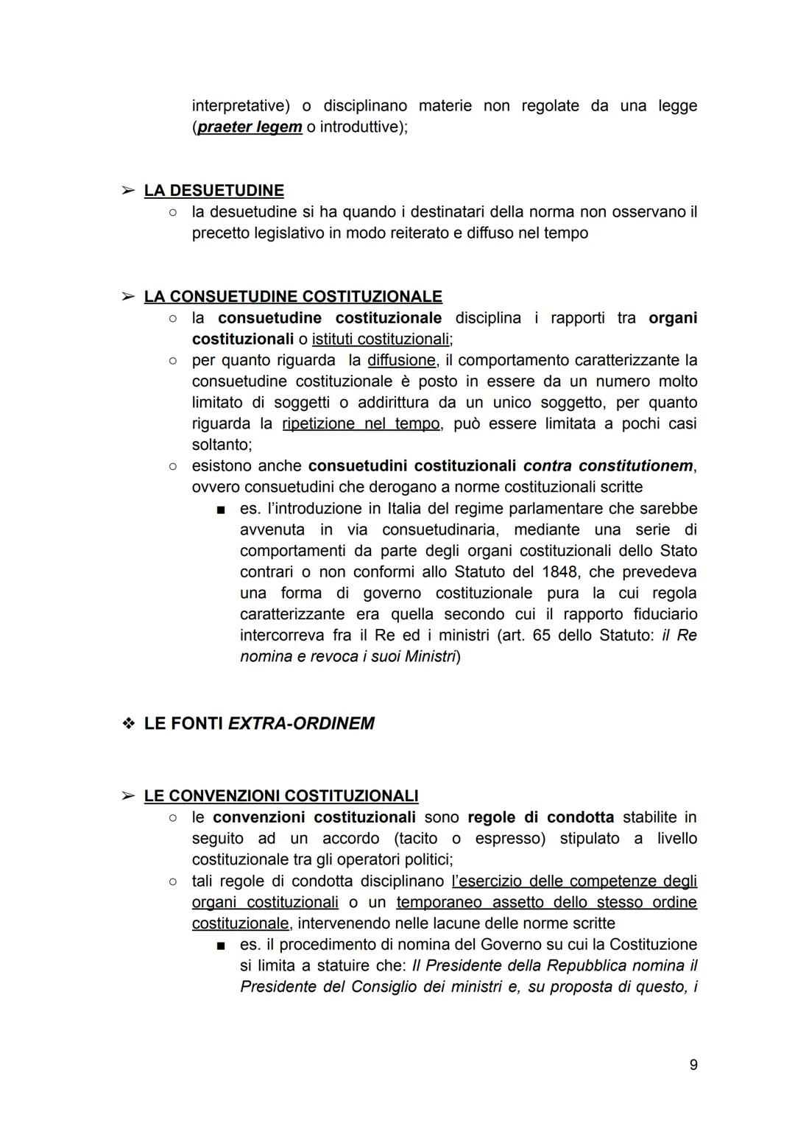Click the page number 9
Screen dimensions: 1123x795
point(693,1064)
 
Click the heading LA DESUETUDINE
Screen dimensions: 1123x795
point(213,191)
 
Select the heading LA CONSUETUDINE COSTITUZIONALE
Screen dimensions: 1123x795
point(293,297)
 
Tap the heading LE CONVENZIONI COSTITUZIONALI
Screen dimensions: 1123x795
point(281,796)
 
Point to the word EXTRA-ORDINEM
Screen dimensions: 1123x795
point(301,724)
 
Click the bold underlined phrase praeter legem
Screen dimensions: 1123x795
point(250,127)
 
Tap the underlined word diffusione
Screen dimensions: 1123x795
point(401,361)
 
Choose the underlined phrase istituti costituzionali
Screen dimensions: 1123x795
point(381,339)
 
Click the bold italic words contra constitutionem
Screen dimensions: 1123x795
point(608,466)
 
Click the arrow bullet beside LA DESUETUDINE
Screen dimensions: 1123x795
point(128,191)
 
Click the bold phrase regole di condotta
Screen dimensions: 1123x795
point(540,817)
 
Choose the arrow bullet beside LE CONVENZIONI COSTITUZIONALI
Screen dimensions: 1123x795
point(128,797)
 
